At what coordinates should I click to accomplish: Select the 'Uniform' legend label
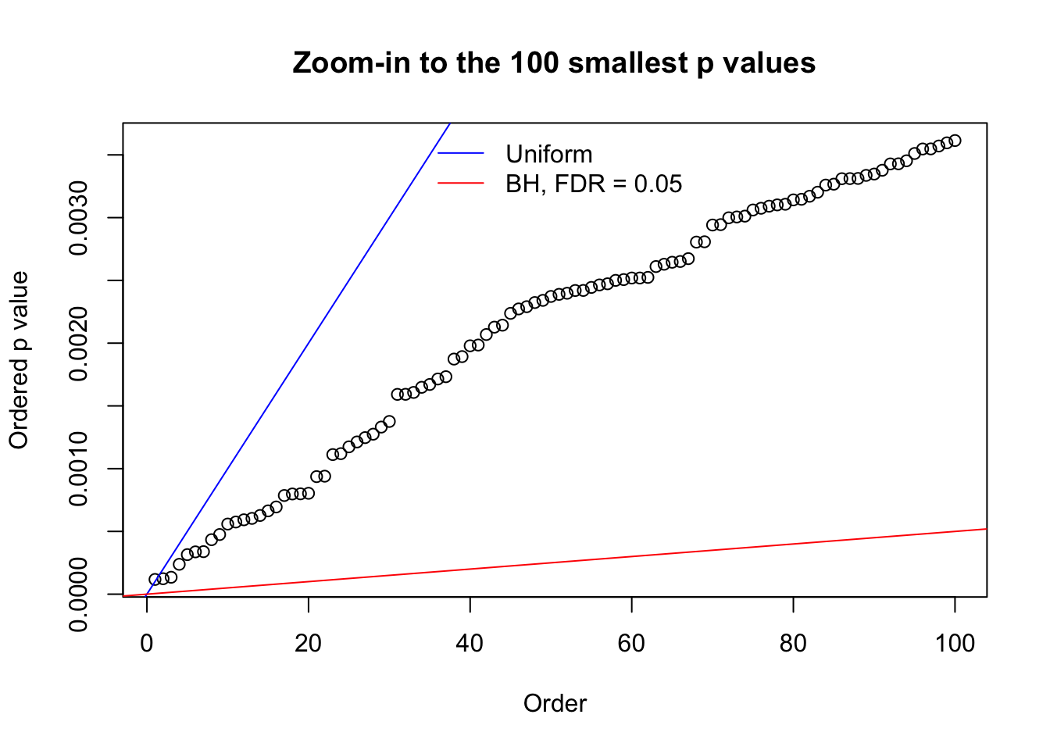pos(548,154)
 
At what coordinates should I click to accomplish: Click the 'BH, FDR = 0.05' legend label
pos(594,184)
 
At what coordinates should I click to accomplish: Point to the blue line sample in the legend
pos(461,154)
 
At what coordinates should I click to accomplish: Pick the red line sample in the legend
pos(461,184)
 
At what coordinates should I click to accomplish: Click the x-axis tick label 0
pos(147,643)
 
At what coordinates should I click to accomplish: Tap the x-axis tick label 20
pos(309,643)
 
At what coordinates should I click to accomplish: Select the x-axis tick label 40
pos(470,643)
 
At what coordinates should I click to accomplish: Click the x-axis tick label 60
pos(631,643)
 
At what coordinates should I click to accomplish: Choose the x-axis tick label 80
pos(793,643)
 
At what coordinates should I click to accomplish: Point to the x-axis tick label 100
pos(955,643)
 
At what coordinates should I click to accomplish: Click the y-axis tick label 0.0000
pos(79,595)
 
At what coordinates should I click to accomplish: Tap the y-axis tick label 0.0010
pos(79,469)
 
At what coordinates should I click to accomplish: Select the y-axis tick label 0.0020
pos(79,343)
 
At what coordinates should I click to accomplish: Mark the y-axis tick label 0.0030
pos(79,217)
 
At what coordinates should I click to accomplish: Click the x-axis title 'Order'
pos(555,703)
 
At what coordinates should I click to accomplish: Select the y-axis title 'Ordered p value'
pos(19,359)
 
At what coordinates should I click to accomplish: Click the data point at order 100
pos(955,141)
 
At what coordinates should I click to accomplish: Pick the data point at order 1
pos(155,580)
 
